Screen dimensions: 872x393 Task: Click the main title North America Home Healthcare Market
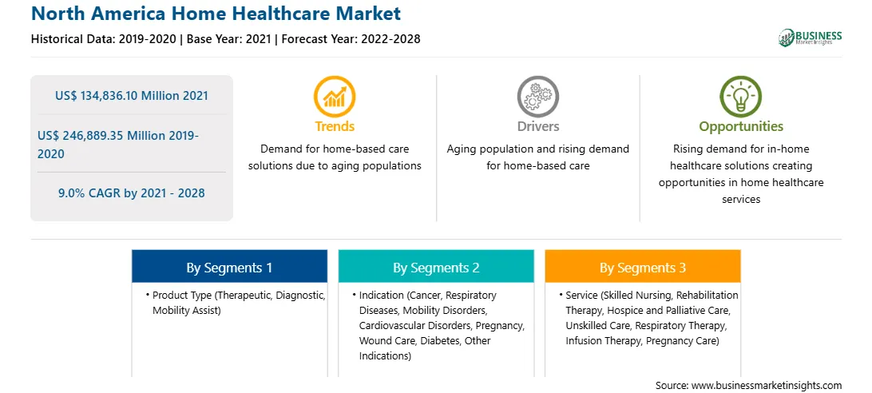click(x=216, y=13)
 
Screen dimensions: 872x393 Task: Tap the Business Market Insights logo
click(x=811, y=38)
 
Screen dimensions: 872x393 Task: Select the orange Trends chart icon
click(x=335, y=97)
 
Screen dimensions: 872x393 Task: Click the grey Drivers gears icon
click(x=537, y=97)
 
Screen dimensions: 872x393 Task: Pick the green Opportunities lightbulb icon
click(x=741, y=97)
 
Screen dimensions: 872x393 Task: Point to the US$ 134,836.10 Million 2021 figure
click(x=131, y=96)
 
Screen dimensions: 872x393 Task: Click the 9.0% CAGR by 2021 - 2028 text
click(x=131, y=193)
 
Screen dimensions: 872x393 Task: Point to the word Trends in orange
click(x=335, y=126)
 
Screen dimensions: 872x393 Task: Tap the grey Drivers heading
click(x=537, y=126)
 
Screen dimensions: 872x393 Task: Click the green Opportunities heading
click(x=741, y=126)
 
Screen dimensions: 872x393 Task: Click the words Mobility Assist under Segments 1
click(x=186, y=311)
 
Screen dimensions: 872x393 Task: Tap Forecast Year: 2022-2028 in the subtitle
click(x=350, y=39)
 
